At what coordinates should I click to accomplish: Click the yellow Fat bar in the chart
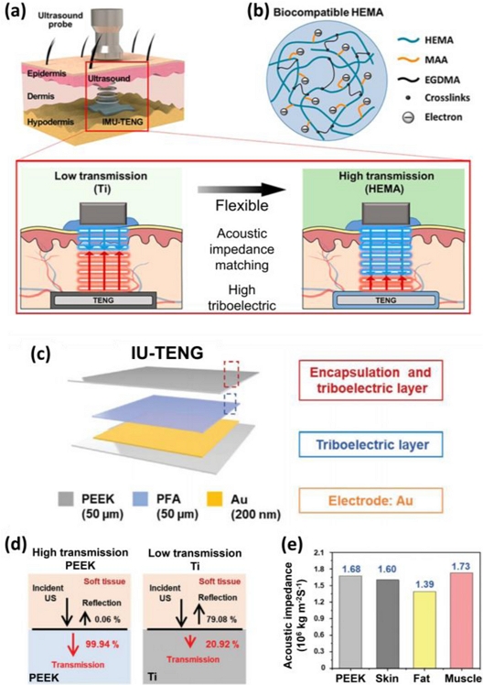(421, 629)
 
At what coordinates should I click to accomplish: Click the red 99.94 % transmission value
(102, 644)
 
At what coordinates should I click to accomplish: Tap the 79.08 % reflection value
(220, 619)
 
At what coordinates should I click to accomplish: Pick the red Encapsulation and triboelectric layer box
(370, 380)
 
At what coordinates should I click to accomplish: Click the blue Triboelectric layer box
(370, 445)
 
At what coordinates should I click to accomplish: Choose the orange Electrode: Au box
(370, 500)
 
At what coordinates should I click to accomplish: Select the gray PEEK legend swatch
(67, 499)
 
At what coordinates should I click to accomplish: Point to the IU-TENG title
(167, 353)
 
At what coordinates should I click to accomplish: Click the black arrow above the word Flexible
(241, 190)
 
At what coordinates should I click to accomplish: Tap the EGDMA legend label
(441, 80)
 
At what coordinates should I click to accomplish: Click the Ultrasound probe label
(60, 19)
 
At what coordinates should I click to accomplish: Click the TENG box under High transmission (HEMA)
(386, 300)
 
